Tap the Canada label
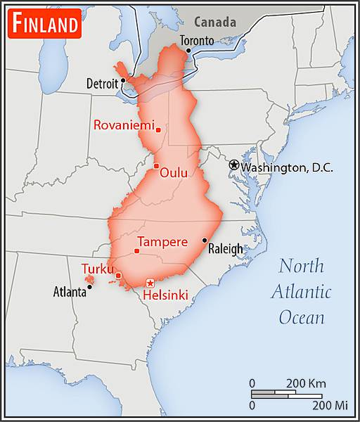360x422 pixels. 214,21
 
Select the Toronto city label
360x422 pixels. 196,40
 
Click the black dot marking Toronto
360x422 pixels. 188,51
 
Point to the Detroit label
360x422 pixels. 102,83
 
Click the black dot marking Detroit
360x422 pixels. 123,80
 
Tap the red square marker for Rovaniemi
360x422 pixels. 158,129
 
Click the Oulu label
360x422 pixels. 173,172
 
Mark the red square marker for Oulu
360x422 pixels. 156,166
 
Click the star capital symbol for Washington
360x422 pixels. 233,165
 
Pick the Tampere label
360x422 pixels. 162,242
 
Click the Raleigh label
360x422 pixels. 225,248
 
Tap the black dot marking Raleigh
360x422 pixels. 205,241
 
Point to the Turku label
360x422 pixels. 98,269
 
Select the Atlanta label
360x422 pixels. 70,291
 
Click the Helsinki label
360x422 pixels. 165,296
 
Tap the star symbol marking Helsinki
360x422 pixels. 149,283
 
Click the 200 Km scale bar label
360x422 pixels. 306,383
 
